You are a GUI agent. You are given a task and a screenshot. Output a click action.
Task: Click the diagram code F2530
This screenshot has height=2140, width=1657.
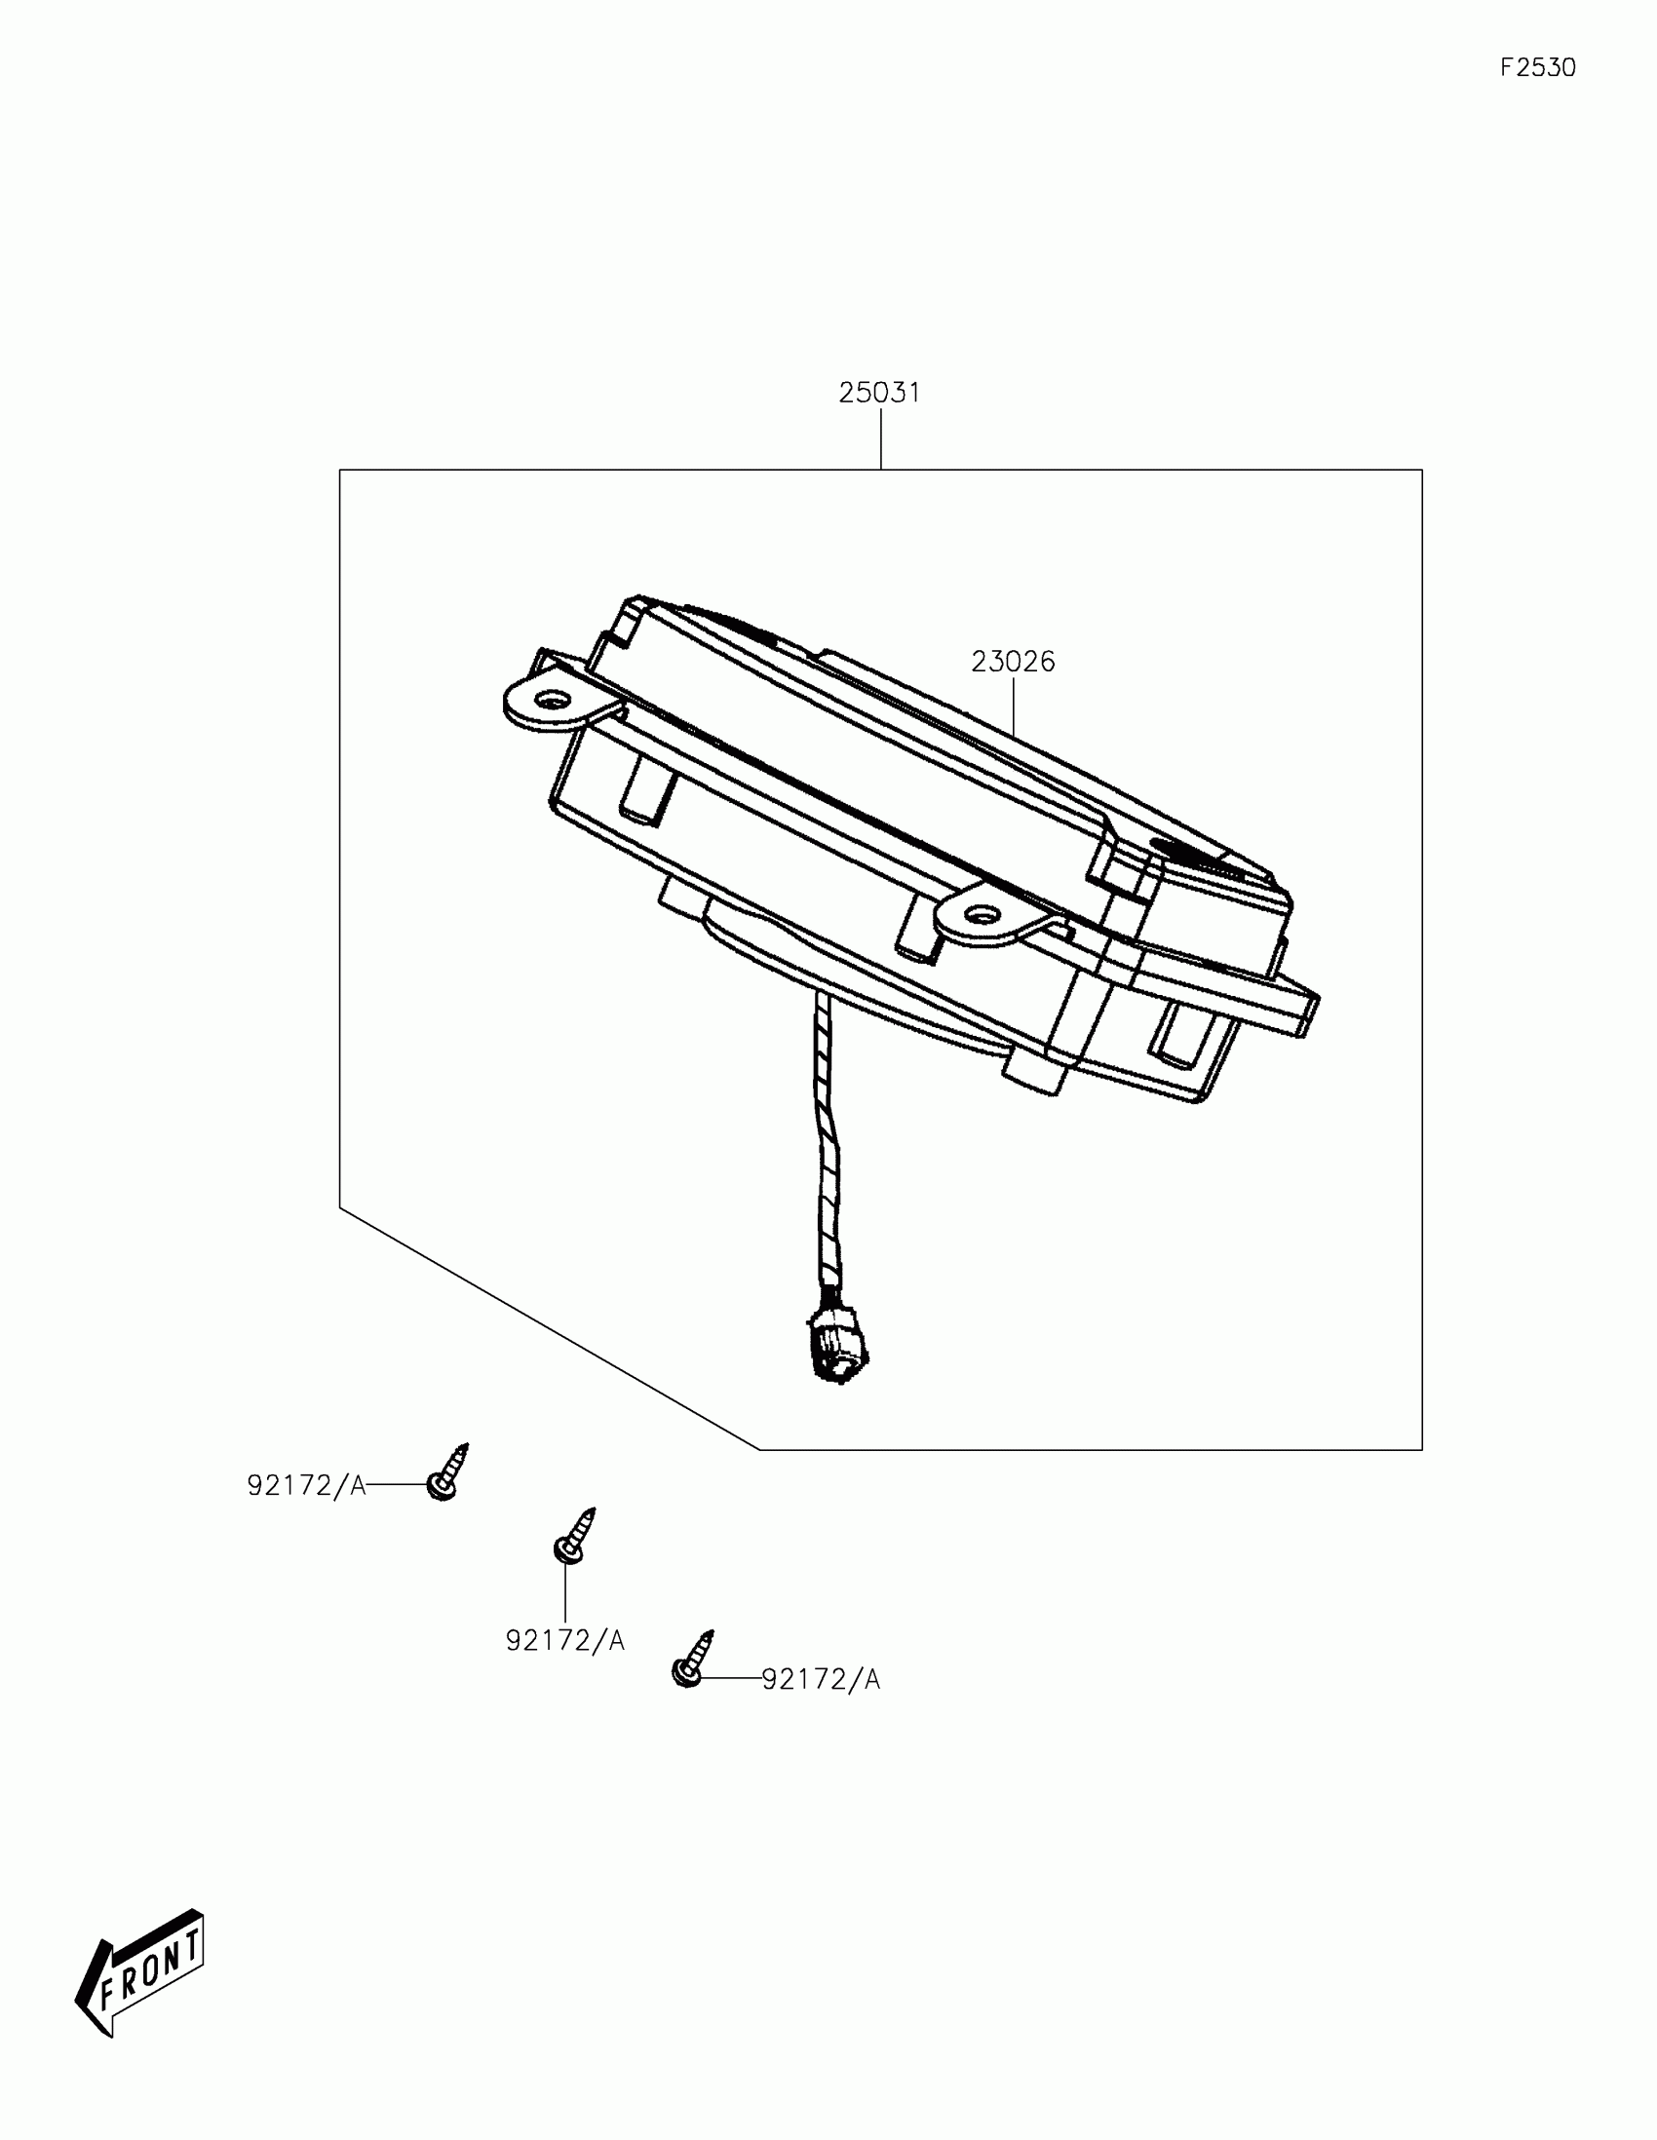(x=1537, y=67)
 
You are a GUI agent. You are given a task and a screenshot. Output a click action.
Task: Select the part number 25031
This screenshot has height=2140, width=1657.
(x=879, y=393)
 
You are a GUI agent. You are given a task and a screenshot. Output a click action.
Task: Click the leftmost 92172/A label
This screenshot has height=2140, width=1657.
(x=306, y=1486)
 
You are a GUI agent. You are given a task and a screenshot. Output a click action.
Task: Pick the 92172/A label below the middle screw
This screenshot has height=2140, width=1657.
(x=564, y=1640)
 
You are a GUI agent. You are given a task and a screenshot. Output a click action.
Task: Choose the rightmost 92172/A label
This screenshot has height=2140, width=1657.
(x=821, y=1679)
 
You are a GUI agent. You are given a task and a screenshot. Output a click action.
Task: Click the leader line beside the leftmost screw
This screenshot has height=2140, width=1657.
(x=397, y=1485)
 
